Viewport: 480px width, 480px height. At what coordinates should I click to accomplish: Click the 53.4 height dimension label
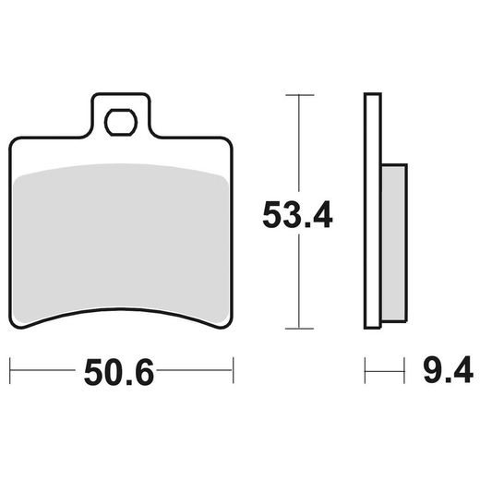(x=297, y=217)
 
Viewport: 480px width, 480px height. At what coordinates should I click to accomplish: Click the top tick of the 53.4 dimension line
(x=296, y=94)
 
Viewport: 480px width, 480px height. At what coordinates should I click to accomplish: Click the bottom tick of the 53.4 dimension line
(x=296, y=330)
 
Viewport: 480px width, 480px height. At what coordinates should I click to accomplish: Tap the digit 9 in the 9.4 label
(x=432, y=372)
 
